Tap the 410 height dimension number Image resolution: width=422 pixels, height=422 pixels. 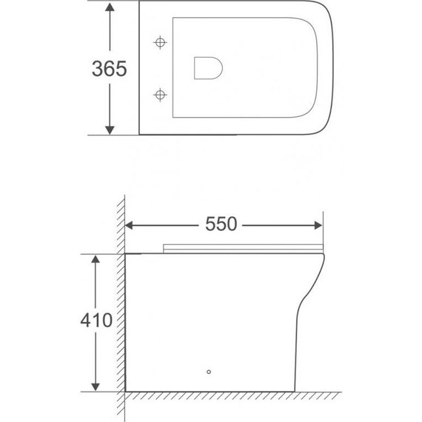click(96, 321)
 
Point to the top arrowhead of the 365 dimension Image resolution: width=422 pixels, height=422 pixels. click(110, 9)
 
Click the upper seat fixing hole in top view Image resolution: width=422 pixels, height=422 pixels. click(159, 42)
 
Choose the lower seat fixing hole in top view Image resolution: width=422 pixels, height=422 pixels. click(159, 94)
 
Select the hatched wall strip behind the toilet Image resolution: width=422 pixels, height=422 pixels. click(119, 311)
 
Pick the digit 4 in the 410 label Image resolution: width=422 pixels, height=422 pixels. click(85, 321)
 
